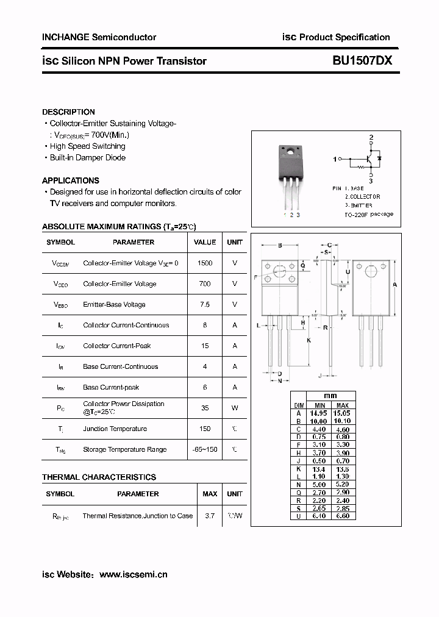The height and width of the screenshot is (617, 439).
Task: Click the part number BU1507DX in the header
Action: point(362,61)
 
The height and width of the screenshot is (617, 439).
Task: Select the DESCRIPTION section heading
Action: point(68,112)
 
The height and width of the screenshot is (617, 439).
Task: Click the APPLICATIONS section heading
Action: point(70,180)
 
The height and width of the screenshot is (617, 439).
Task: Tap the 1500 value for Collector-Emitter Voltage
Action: point(205,263)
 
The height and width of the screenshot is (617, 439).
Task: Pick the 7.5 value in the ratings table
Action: point(205,304)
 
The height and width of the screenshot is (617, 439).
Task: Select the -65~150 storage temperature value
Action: point(205,449)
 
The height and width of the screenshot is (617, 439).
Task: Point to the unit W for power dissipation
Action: point(235,408)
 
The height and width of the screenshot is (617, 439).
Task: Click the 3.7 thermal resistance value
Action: point(210,516)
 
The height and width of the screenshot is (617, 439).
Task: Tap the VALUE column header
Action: point(205,242)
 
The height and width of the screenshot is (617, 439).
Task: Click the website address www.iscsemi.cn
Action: point(133,574)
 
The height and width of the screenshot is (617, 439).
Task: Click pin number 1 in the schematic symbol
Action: point(335,160)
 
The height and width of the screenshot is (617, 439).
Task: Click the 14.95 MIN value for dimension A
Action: point(318,413)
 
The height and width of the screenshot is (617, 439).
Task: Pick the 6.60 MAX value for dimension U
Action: point(343,516)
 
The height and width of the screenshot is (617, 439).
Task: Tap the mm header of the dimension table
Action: point(330,396)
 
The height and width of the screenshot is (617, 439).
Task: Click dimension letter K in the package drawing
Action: point(309,340)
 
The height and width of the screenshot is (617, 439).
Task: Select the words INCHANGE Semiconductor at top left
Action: point(99,37)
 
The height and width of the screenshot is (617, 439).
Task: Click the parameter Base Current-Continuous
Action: point(120,366)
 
